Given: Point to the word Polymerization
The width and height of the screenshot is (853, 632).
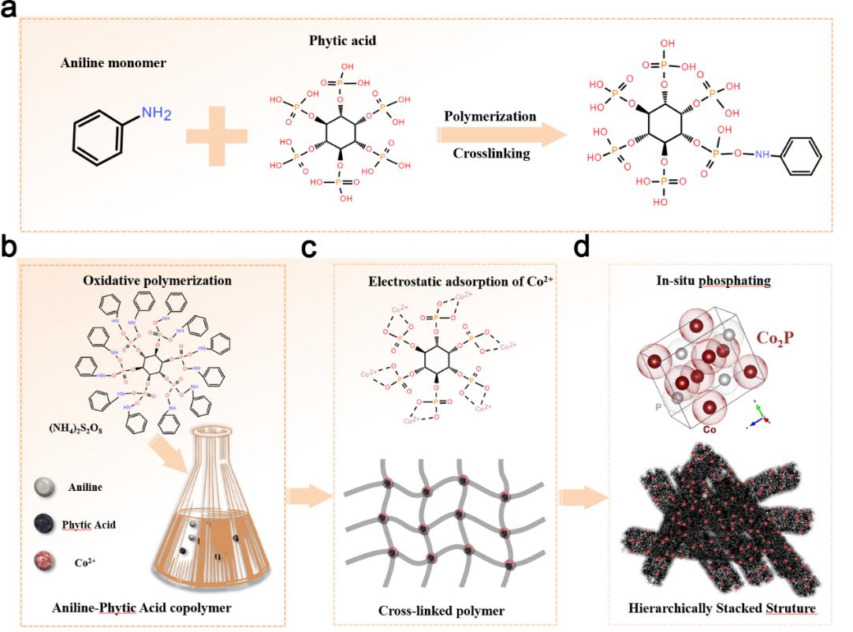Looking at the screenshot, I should [x=490, y=116].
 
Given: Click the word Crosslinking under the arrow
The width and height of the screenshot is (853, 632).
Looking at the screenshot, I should [x=490, y=153].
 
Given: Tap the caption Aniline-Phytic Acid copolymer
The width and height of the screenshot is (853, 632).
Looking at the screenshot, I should [x=145, y=609].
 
